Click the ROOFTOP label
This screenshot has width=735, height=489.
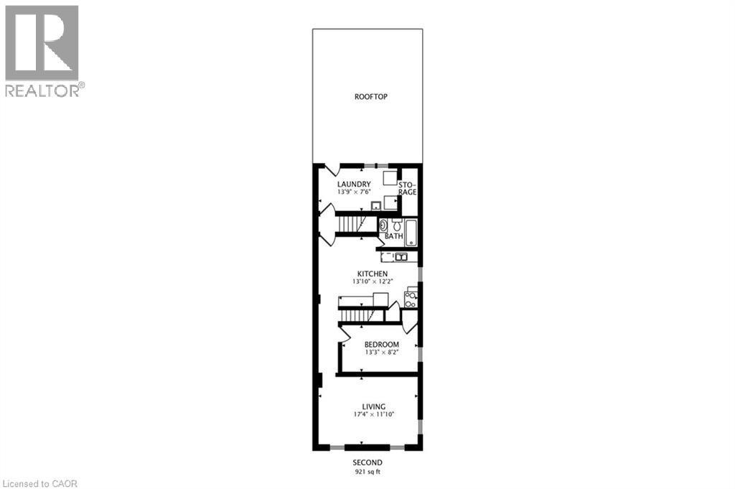coord(371,97)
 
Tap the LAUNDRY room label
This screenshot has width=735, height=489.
coord(354,184)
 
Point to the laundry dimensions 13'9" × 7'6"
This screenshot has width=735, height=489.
coord(354,192)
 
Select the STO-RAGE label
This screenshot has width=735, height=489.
coord(408,188)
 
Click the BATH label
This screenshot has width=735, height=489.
coord(393,236)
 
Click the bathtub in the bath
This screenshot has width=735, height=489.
coord(411,232)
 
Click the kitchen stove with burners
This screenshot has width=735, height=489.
coord(411,299)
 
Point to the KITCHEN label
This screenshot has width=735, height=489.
coord(373,274)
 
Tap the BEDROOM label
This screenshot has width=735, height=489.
coord(381,345)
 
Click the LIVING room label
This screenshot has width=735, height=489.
coord(373,406)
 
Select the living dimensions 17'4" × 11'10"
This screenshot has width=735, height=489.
coord(373,415)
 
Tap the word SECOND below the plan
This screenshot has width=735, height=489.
coord(367,462)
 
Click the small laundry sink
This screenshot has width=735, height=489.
coord(375,206)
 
